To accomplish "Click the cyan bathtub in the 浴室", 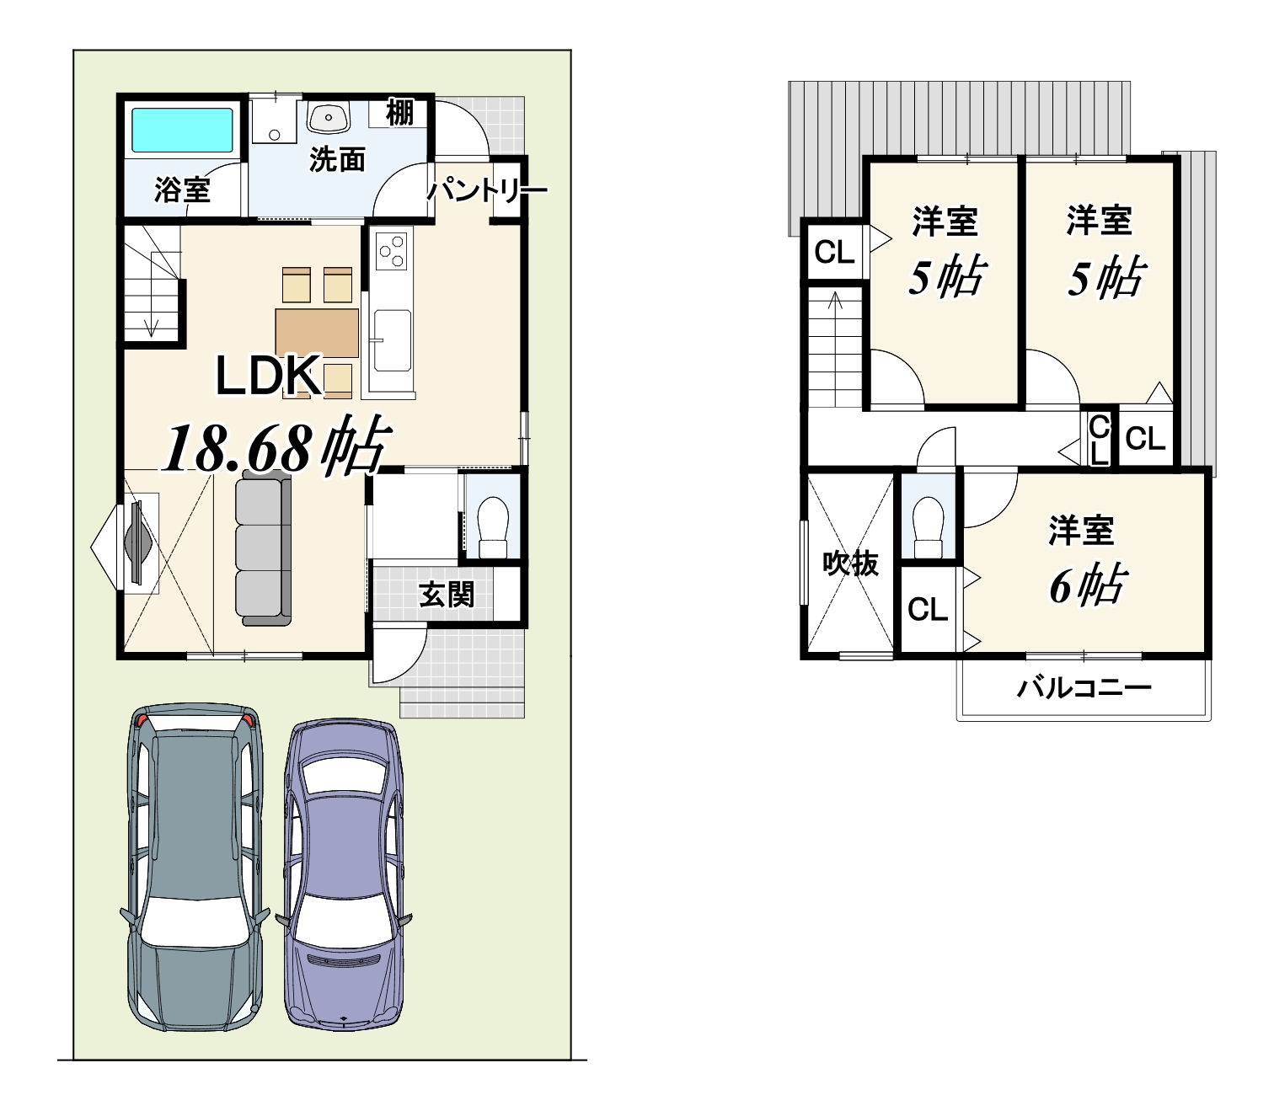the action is (x=182, y=130).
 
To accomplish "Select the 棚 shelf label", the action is (x=399, y=113).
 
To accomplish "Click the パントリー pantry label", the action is (x=485, y=190).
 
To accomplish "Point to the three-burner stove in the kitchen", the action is (x=392, y=249).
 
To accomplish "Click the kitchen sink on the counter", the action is (x=392, y=340).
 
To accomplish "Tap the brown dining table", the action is (x=317, y=333).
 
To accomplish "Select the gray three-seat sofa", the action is (x=264, y=547).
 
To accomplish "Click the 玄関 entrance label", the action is (x=447, y=595).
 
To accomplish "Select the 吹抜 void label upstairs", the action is (x=850, y=564).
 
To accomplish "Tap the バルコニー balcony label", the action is (x=1084, y=687).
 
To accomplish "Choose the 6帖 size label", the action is (x=1087, y=585).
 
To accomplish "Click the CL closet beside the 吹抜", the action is (x=927, y=609).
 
